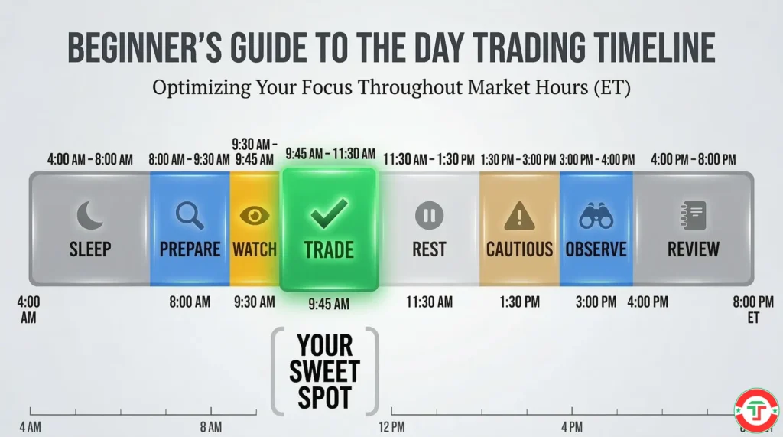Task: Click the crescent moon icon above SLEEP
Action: click(x=89, y=215)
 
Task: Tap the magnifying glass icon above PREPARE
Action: click(x=190, y=216)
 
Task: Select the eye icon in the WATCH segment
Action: click(x=255, y=215)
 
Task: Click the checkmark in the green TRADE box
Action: click(x=330, y=214)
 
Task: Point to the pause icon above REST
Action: click(x=429, y=216)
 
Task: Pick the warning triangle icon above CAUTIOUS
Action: click(x=519, y=216)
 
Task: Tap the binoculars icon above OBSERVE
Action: click(x=596, y=216)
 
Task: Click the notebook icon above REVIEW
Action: click(x=693, y=216)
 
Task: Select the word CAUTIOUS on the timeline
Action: click(x=519, y=249)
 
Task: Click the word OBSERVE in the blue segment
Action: click(x=596, y=249)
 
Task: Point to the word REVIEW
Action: click(x=693, y=249)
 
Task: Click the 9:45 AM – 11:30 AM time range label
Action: click(x=330, y=154)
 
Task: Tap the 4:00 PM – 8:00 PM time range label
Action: click(x=693, y=160)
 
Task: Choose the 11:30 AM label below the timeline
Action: click(x=429, y=302)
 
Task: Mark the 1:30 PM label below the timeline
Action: click(x=519, y=302)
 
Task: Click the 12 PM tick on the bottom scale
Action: click(x=391, y=426)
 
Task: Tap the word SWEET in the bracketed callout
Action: click(x=324, y=371)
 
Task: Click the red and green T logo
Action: click(x=756, y=410)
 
